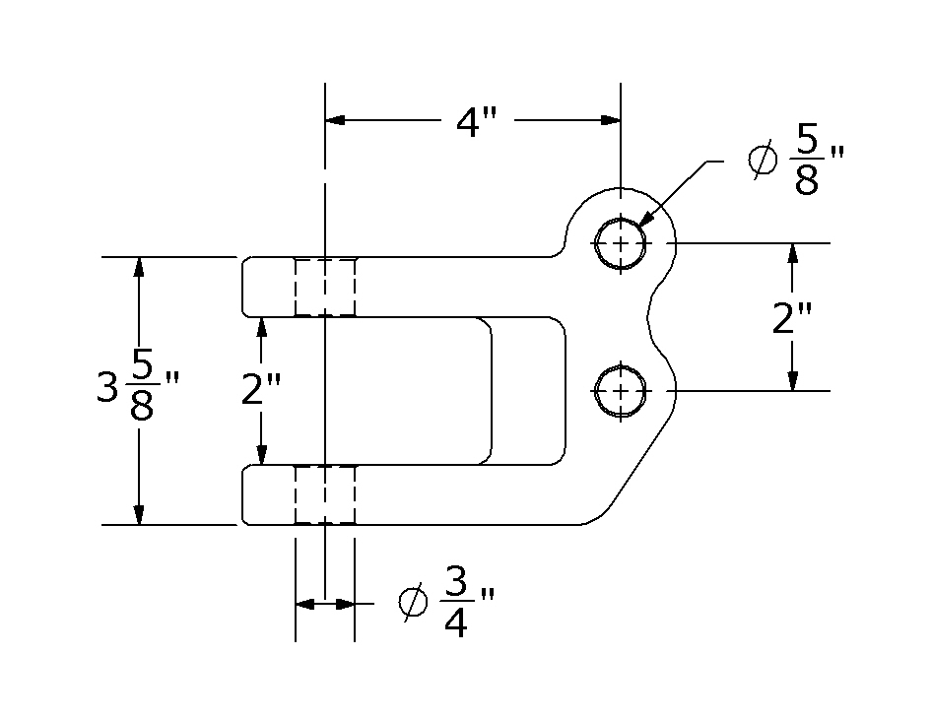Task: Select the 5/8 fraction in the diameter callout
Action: coord(807,164)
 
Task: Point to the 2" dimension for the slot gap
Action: coord(261,390)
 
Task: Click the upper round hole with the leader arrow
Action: coord(620,242)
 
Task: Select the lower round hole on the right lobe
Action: coord(620,391)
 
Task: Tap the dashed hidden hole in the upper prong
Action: coord(325,287)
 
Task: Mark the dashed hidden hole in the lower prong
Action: coord(325,495)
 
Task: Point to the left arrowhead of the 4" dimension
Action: coord(336,120)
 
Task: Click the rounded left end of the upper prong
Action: coord(245,287)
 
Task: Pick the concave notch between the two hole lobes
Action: coord(649,316)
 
